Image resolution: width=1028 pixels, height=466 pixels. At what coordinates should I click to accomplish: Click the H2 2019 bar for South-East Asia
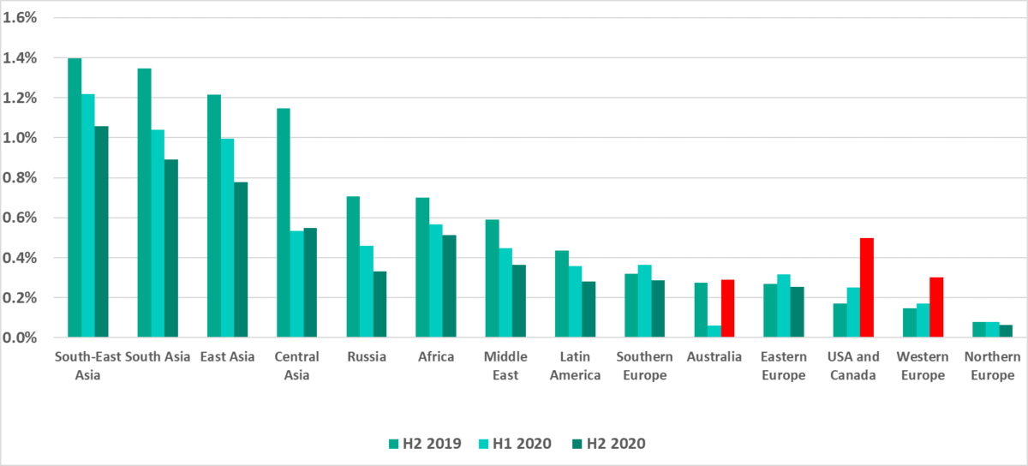click(x=75, y=198)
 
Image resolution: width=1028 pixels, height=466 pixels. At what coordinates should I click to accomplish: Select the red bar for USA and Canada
click(x=867, y=288)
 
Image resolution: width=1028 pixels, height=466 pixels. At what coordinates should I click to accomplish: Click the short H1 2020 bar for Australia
click(x=714, y=332)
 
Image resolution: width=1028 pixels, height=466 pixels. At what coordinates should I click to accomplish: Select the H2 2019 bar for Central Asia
click(x=284, y=223)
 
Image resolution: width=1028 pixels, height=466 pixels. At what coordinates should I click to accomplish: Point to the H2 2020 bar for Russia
click(x=380, y=304)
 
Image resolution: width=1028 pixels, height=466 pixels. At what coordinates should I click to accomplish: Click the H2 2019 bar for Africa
click(x=422, y=267)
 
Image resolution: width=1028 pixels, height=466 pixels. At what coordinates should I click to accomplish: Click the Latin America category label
click(x=575, y=366)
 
